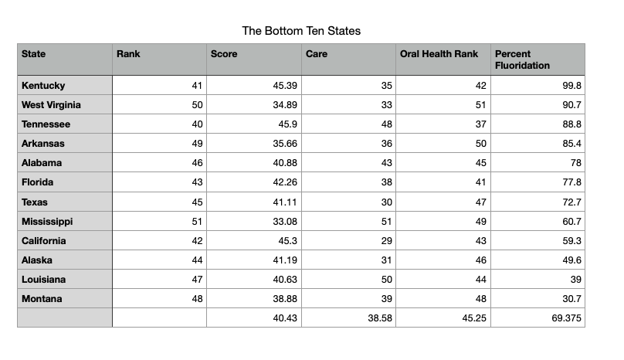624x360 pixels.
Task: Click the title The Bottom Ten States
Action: coord(301,31)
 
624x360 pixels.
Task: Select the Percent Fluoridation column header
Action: coord(522,59)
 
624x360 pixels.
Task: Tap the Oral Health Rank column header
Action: coord(439,54)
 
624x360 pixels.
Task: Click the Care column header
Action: coord(317,54)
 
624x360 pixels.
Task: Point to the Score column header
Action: coord(224,54)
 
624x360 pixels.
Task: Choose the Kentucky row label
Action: coord(43,85)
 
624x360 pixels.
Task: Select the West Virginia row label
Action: coord(51,104)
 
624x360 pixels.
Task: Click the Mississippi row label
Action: coord(47,221)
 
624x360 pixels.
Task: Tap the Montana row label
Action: coord(42,299)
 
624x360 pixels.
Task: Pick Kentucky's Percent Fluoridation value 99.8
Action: coord(572,85)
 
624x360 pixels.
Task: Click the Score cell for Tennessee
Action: coord(286,124)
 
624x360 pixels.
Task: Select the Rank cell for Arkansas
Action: coord(196,144)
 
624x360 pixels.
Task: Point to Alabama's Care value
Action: coord(387,163)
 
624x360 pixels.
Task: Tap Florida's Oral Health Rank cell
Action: coord(481,182)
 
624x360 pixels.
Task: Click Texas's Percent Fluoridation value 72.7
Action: coord(572,202)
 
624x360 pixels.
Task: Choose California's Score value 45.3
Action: coord(288,240)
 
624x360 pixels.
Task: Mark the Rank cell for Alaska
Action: coord(196,260)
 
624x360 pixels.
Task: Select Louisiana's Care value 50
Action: coord(387,280)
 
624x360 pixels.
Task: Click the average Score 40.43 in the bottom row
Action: coord(285,318)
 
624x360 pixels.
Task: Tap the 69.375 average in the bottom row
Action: coord(568,318)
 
